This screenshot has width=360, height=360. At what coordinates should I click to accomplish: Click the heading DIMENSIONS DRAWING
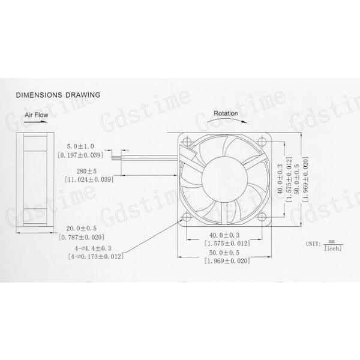pyautogui.click(x=58, y=95)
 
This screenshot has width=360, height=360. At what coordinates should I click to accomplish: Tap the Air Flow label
pyautogui.click(x=37, y=113)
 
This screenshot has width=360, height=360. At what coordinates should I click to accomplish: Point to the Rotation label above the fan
pyautogui.click(x=226, y=113)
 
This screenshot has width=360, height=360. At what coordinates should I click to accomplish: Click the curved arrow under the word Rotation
pyautogui.click(x=225, y=122)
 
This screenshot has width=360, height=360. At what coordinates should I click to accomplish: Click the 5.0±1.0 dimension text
pyautogui.click(x=80, y=146)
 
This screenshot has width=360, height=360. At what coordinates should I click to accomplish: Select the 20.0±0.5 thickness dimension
pyautogui.click(x=80, y=229)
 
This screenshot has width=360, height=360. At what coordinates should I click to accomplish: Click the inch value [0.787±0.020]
pyautogui.click(x=81, y=238)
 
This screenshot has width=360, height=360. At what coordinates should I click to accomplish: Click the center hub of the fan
pyautogui.click(x=224, y=178)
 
